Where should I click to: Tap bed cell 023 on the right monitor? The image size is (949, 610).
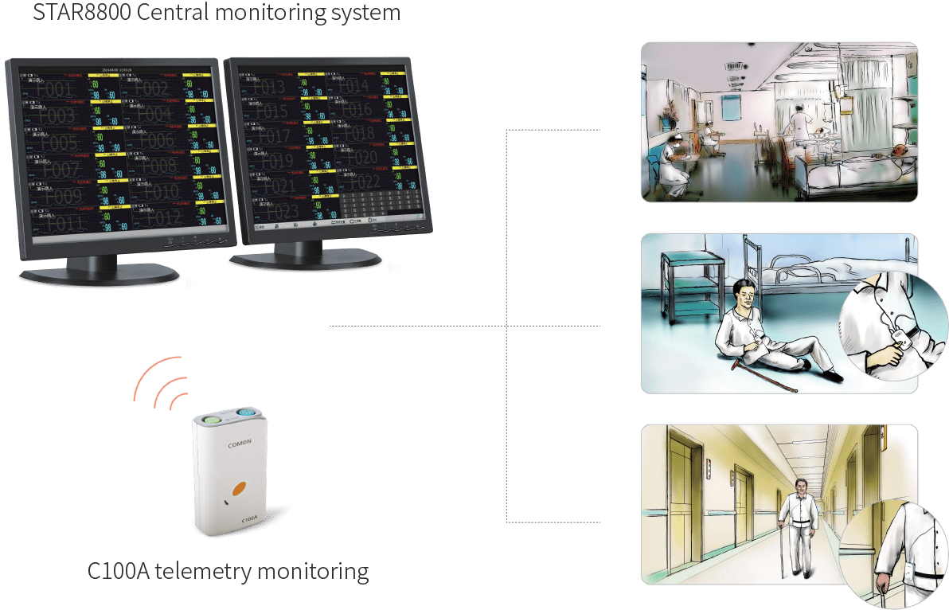pyautogui.click(x=279, y=211)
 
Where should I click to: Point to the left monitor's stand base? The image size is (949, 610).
pyautogui.click(x=100, y=275)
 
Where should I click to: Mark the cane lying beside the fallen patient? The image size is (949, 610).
pyautogui.click(x=769, y=378)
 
